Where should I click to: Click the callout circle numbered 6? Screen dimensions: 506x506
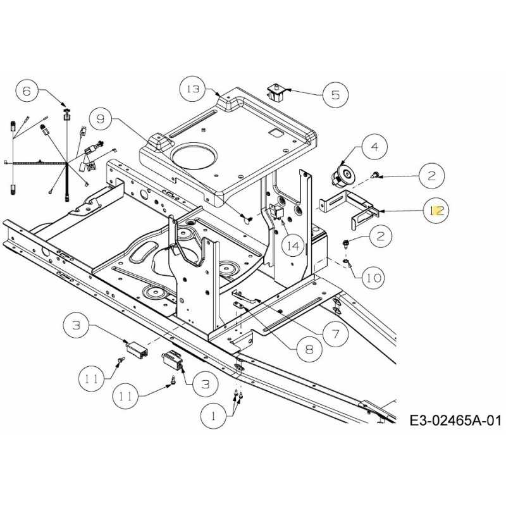click(27, 91)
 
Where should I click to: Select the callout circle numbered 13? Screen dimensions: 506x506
click(193, 89)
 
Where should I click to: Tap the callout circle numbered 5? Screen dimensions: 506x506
click(336, 94)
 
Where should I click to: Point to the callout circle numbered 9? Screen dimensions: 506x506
click(101, 119)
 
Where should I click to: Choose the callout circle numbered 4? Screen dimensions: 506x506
click(374, 147)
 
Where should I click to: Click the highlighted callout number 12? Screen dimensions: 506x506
click(436, 211)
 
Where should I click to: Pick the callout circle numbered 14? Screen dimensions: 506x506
click(293, 246)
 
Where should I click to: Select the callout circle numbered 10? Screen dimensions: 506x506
click(374, 278)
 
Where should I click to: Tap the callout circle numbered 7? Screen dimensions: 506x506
click(336, 334)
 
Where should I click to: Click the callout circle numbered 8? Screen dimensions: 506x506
click(309, 349)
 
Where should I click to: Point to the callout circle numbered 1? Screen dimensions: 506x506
click(213, 416)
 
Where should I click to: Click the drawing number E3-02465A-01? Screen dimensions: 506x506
click(455, 421)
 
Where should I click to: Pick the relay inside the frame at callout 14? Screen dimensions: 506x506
click(276, 212)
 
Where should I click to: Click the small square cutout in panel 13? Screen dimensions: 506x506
click(276, 132)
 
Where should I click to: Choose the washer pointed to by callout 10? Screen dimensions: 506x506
click(345, 261)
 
